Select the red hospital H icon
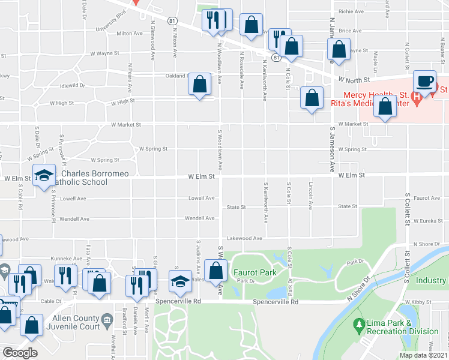tap(417, 95)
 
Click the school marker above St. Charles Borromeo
tap(44, 175)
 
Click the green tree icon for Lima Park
tap(360, 325)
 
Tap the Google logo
tap(20, 353)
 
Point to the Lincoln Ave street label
tap(310, 196)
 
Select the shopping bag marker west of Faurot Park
tap(215, 270)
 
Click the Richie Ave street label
tap(351, 11)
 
